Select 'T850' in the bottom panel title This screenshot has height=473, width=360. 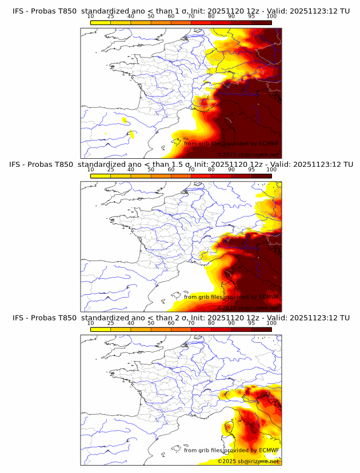pyautogui.click(x=66, y=318)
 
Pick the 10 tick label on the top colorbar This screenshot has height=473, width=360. pyautogui.click(x=90, y=17)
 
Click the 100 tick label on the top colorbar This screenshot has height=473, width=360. pyautogui.click(x=271, y=17)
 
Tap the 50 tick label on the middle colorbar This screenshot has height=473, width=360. pyautogui.click(x=151, y=170)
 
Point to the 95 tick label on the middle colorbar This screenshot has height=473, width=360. pyautogui.click(x=251, y=170)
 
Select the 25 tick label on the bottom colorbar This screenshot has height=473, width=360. pyautogui.click(x=111, y=323)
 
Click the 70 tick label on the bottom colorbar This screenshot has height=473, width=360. pyautogui.click(x=191, y=323)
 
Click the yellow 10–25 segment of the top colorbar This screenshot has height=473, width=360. pyautogui.click(x=101, y=22)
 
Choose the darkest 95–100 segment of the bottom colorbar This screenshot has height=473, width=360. pyautogui.click(x=261, y=328)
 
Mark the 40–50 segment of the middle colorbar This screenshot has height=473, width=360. pyautogui.click(x=141, y=175)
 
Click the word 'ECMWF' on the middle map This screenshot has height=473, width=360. pyautogui.click(x=269, y=297)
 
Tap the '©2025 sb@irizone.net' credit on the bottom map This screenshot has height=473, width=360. pyautogui.click(x=248, y=461)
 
